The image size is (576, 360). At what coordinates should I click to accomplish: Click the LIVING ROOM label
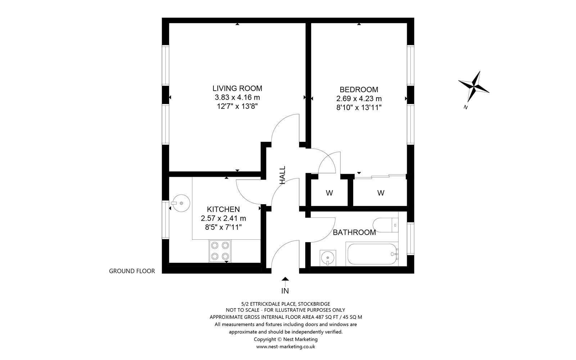[237, 89]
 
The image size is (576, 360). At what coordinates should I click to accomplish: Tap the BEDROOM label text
[359, 90]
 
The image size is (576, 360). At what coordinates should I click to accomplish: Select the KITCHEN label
[223, 209]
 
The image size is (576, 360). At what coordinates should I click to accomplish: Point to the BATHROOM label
[354, 233]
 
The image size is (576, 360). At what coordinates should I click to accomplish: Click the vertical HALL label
[283, 175]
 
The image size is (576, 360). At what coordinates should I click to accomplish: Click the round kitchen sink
[181, 203]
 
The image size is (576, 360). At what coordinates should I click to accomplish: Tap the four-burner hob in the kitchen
[220, 251]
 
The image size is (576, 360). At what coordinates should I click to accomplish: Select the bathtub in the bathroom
[372, 254]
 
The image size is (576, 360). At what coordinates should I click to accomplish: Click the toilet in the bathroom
[386, 225]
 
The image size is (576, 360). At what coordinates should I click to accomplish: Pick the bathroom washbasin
[328, 258]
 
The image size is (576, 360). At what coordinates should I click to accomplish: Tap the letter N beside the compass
[465, 108]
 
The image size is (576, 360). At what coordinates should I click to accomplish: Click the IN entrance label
[285, 291]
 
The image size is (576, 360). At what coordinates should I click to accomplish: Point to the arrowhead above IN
[285, 279]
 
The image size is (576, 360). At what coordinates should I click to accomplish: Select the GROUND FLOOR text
[132, 271]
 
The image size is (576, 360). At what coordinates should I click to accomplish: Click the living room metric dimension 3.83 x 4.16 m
[237, 98]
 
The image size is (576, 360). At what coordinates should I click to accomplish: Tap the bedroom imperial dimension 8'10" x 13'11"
[359, 108]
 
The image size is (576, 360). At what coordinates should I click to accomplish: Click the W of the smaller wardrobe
[329, 193]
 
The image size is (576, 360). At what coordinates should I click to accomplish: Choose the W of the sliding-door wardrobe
[381, 193]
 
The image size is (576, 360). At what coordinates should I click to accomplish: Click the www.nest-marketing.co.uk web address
[285, 347]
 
